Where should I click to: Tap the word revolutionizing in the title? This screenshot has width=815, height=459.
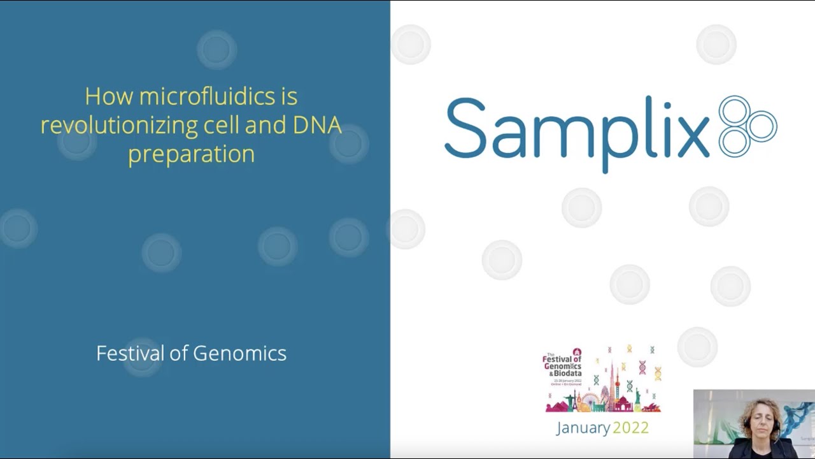(x=119, y=125)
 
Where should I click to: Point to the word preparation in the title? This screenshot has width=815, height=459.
(x=191, y=154)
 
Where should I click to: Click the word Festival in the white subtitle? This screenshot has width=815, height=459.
(x=130, y=353)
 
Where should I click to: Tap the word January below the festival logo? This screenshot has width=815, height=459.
(x=583, y=428)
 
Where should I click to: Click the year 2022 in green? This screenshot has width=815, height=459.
(x=630, y=428)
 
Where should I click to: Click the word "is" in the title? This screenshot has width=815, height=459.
(x=288, y=97)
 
